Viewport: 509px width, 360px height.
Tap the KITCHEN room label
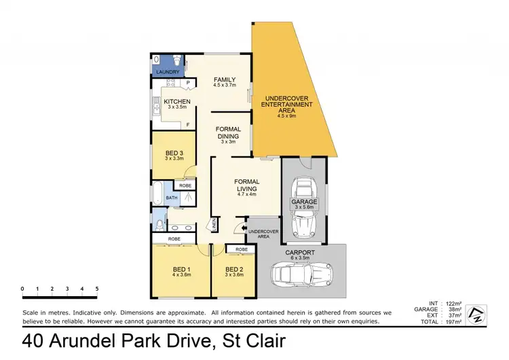(x=176, y=101)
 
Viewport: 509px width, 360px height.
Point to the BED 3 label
(x=174, y=153)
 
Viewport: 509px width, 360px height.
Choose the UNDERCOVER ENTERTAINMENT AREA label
(x=289, y=106)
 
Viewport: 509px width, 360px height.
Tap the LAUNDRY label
(x=168, y=71)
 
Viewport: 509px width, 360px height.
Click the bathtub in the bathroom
(x=158, y=194)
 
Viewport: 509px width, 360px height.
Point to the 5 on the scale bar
(x=97, y=289)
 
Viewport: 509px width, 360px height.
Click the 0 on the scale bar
(x=22, y=289)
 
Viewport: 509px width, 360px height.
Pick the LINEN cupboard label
(x=214, y=224)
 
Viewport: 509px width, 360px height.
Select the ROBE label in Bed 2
(x=242, y=249)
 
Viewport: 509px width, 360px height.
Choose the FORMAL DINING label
(x=229, y=132)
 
